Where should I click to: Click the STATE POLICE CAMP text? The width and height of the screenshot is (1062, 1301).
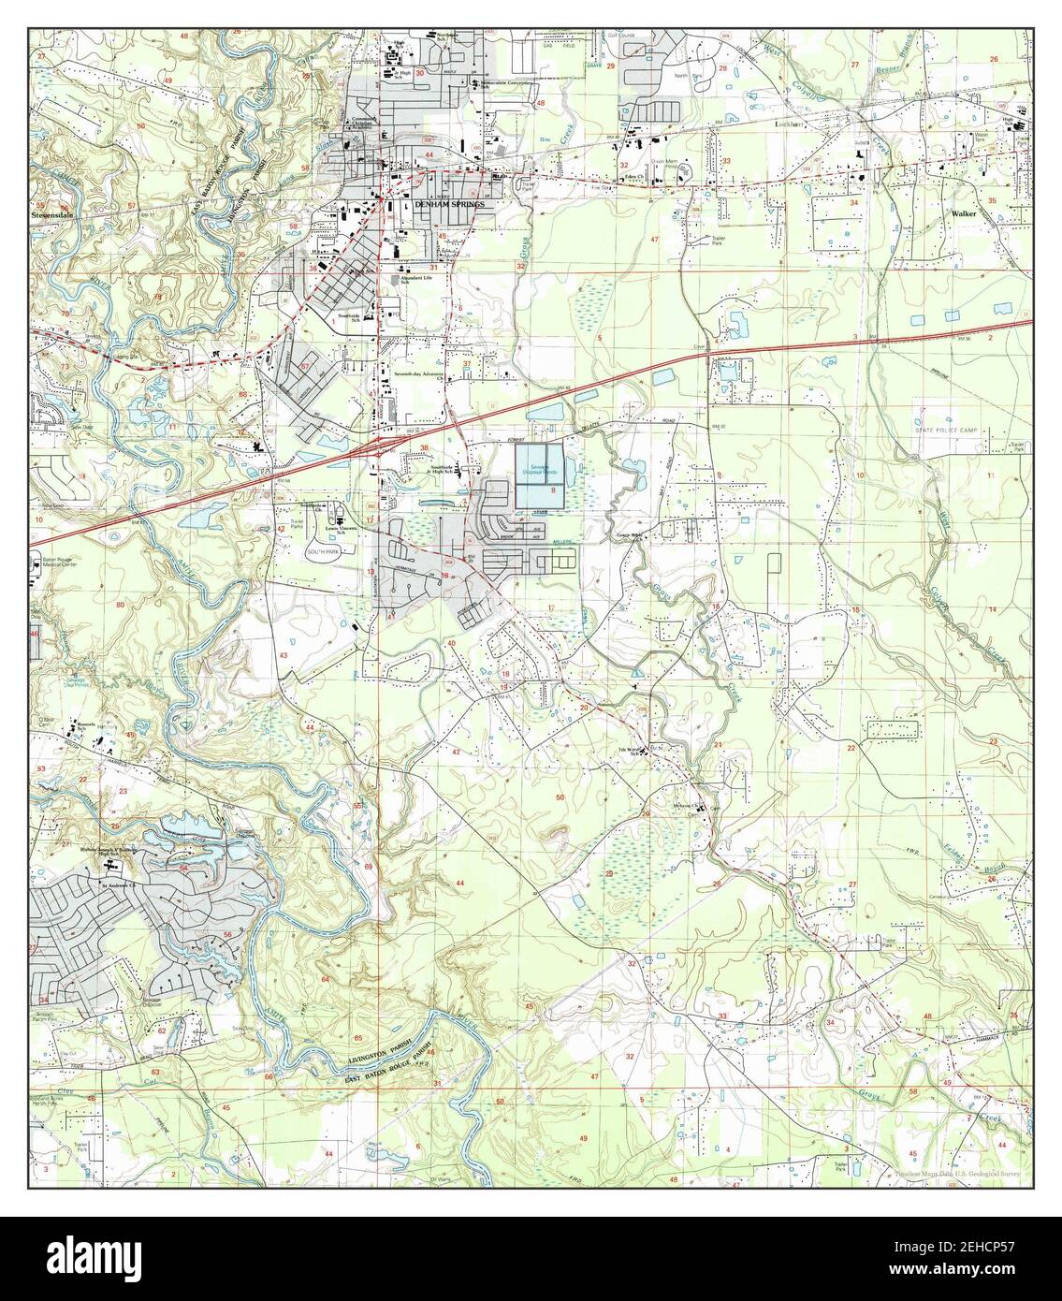coord(947,430)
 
